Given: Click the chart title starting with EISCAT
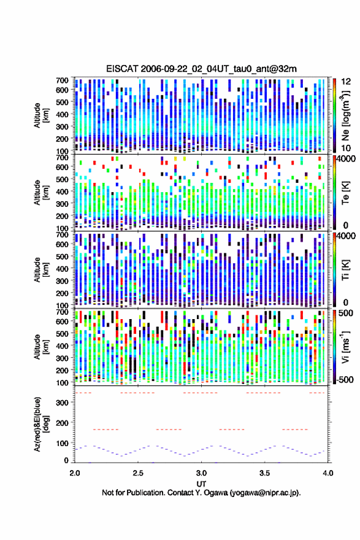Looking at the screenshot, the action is coord(201,69).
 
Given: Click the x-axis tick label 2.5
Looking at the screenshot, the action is coord(138,473).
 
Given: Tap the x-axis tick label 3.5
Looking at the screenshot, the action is coord(264,473).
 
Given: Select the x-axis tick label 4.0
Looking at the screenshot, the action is coord(327,473).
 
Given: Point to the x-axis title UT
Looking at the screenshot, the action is coord(201,484).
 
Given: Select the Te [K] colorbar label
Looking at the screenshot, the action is coord(345,193).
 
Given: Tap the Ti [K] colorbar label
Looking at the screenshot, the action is coord(345,269).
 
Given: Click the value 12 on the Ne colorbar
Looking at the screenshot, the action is coord(346,81).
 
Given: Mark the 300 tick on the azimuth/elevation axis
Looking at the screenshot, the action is coord(63,403).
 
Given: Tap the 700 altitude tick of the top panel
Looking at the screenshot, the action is coord(63,80).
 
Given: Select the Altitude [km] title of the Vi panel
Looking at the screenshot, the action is coord(40,347).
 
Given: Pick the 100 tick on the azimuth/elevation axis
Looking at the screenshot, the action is coord(63,443).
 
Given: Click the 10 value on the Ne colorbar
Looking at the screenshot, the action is coord(346,148).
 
